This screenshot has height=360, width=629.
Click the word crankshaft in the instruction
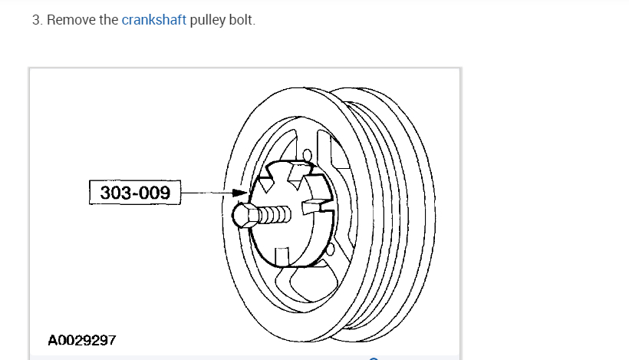[x=153, y=20]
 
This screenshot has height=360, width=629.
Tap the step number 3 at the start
[x=36, y=20]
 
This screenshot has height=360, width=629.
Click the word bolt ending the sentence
[x=241, y=20]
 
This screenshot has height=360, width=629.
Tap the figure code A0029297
[x=82, y=339]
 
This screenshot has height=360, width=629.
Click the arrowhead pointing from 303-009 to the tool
[x=242, y=193]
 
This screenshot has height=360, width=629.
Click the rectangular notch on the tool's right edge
[x=312, y=206]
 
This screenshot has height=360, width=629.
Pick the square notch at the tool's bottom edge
[x=283, y=254]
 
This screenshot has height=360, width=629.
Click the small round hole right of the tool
[x=330, y=249]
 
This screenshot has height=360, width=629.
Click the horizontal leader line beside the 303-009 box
[x=207, y=193]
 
